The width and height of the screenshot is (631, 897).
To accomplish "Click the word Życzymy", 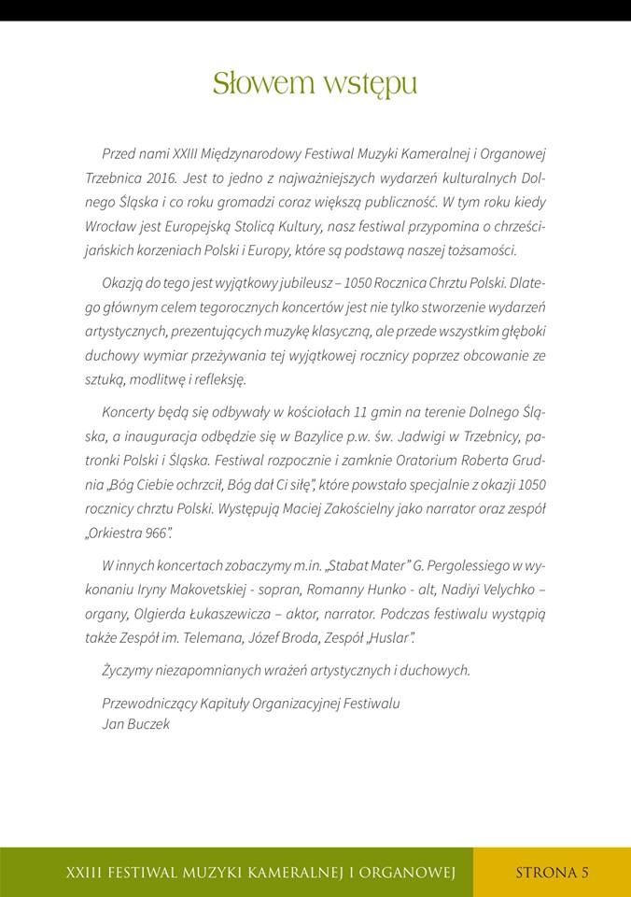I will pos(132,670).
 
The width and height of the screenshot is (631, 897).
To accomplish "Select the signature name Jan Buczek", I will pos(135,723).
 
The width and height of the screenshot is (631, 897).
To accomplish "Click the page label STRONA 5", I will pos(552,873).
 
